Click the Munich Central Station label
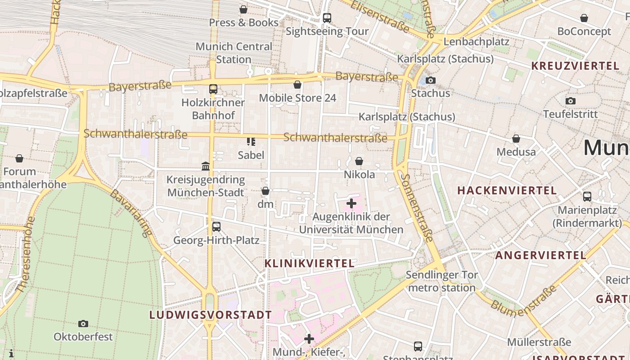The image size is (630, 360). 234,53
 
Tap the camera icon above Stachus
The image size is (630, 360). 431,80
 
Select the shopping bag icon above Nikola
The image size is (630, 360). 359,161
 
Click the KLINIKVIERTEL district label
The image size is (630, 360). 309,263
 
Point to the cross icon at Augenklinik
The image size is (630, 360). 351,204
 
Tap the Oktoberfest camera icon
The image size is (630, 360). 83,324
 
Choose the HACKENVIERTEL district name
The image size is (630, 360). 507,190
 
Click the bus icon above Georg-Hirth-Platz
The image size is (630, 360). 216,227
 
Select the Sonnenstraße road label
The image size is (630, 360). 416,206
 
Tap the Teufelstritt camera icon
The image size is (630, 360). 571,101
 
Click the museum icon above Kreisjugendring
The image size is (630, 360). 206,166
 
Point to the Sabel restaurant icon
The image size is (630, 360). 251,142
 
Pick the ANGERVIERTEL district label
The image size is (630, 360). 541,256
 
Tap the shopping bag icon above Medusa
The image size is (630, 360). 516,139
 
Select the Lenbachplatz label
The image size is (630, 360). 476,42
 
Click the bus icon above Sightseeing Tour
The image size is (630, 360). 327,18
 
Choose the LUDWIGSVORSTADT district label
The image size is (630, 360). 211,315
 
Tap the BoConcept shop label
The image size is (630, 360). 584,31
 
